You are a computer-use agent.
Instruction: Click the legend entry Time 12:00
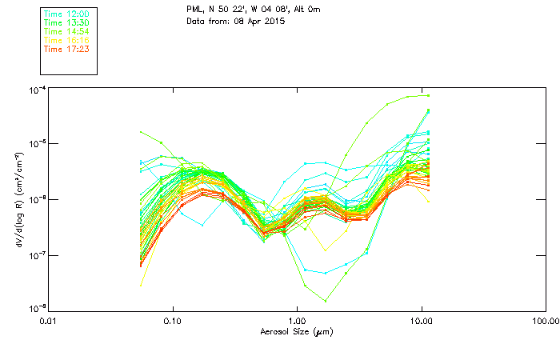(66, 14)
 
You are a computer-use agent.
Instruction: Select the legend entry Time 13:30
(66, 22)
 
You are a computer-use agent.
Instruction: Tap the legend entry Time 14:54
(66, 31)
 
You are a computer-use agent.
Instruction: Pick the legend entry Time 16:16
(66, 40)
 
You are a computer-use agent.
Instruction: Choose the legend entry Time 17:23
(66, 49)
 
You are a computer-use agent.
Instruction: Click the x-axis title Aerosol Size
(296, 331)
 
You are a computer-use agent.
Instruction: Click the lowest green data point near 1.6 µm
(326, 301)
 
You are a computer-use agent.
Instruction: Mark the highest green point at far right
(429, 95)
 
